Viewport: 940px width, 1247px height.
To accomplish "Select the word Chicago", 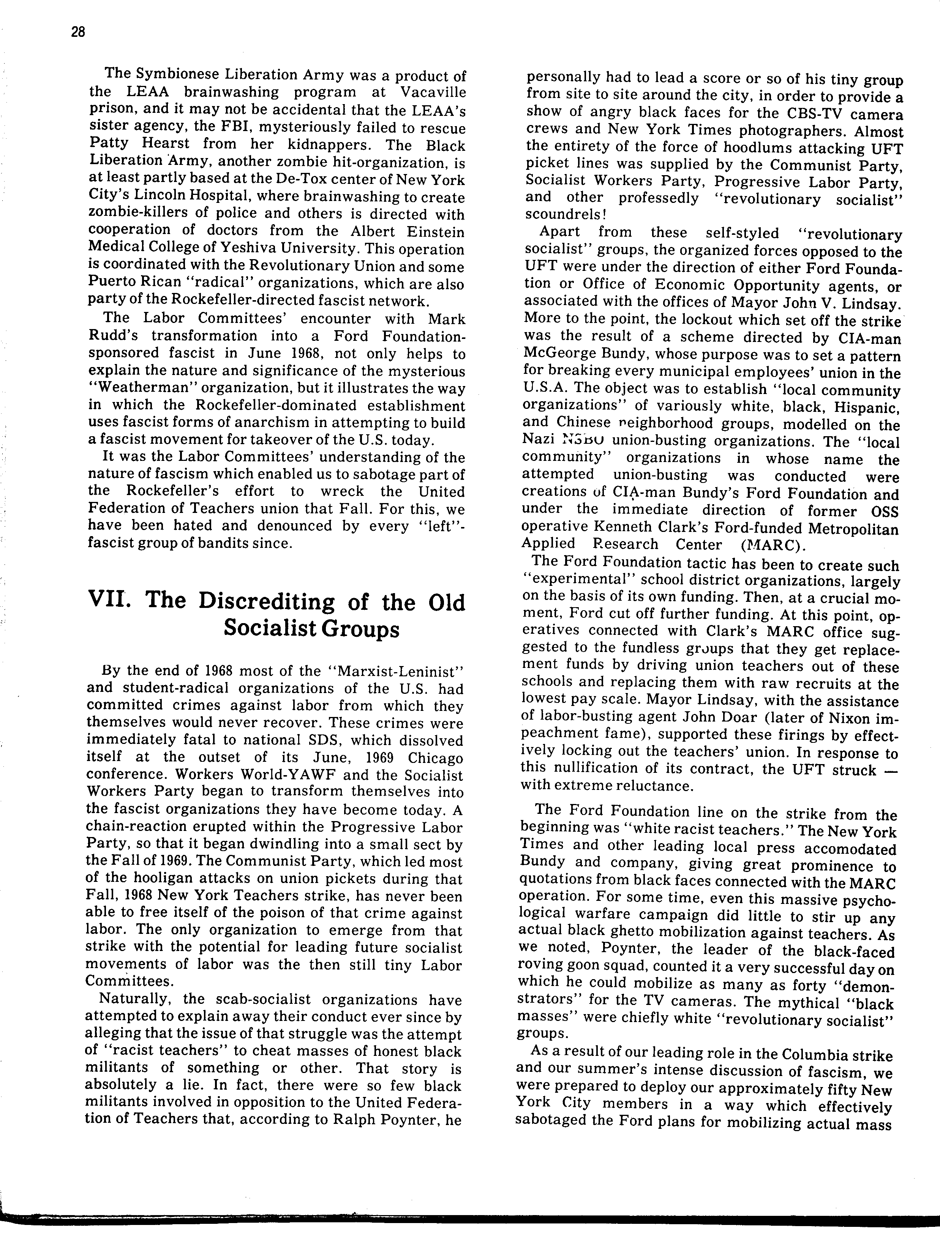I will pos(436,757).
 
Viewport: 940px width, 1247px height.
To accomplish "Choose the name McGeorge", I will pos(559,355).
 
